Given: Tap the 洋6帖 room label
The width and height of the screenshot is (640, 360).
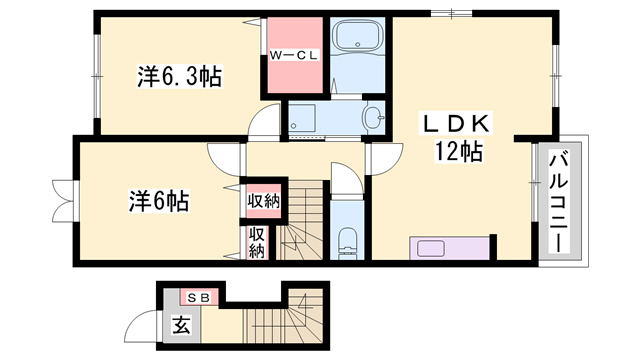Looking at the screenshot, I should click(158, 199).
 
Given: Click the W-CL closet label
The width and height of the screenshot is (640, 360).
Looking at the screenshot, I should click(294, 56).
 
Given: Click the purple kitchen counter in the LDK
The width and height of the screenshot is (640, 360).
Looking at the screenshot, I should click(450, 247).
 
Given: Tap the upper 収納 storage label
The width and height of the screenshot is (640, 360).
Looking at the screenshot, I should click(263, 202).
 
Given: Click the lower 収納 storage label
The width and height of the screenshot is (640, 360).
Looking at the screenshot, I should click(257, 243).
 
